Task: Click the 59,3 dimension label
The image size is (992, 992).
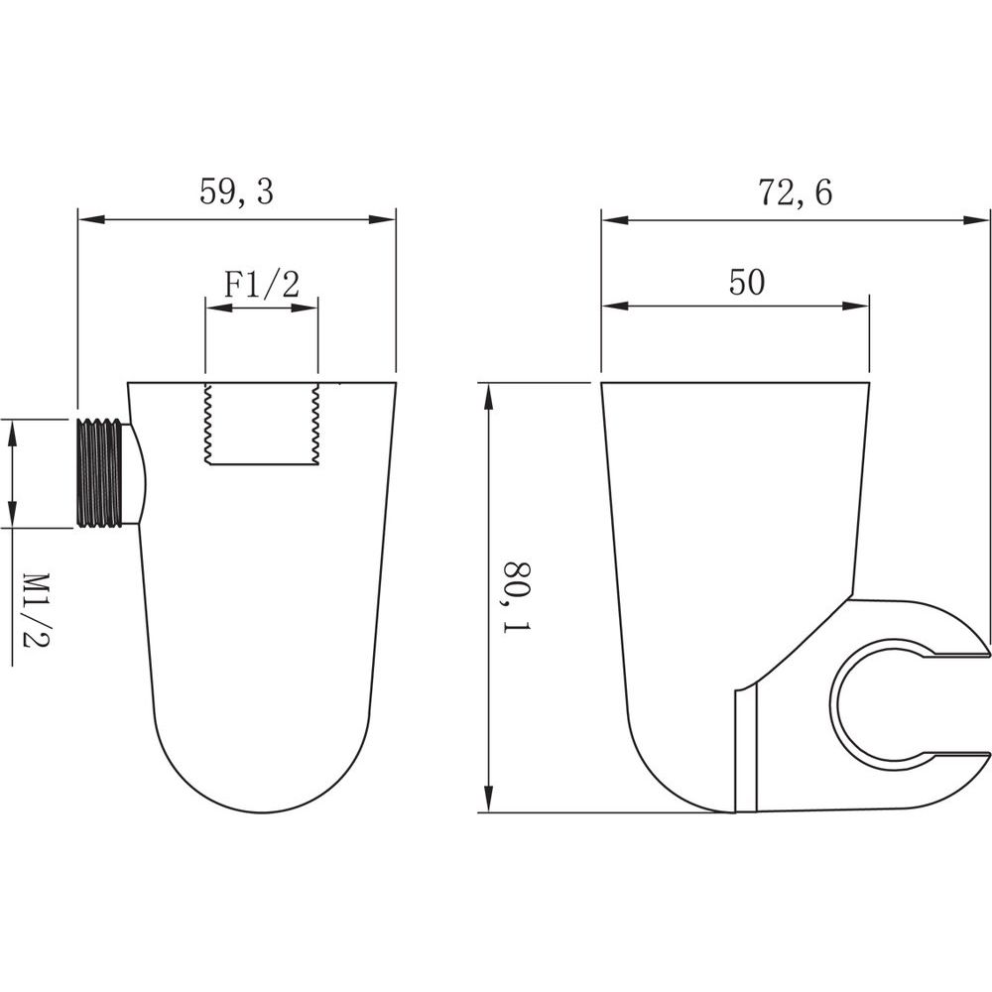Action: tap(236, 191)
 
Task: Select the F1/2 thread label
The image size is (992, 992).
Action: tap(261, 285)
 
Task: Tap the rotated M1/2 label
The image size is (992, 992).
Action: tap(37, 610)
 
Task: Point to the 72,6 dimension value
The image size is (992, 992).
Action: tap(796, 192)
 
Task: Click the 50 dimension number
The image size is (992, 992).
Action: tap(747, 282)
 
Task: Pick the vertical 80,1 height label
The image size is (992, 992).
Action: tap(517, 596)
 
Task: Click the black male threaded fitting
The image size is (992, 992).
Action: tap(100, 471)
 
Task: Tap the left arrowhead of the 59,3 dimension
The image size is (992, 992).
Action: tap(90, 219)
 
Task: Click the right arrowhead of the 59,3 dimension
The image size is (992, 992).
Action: tap(382, 219)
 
